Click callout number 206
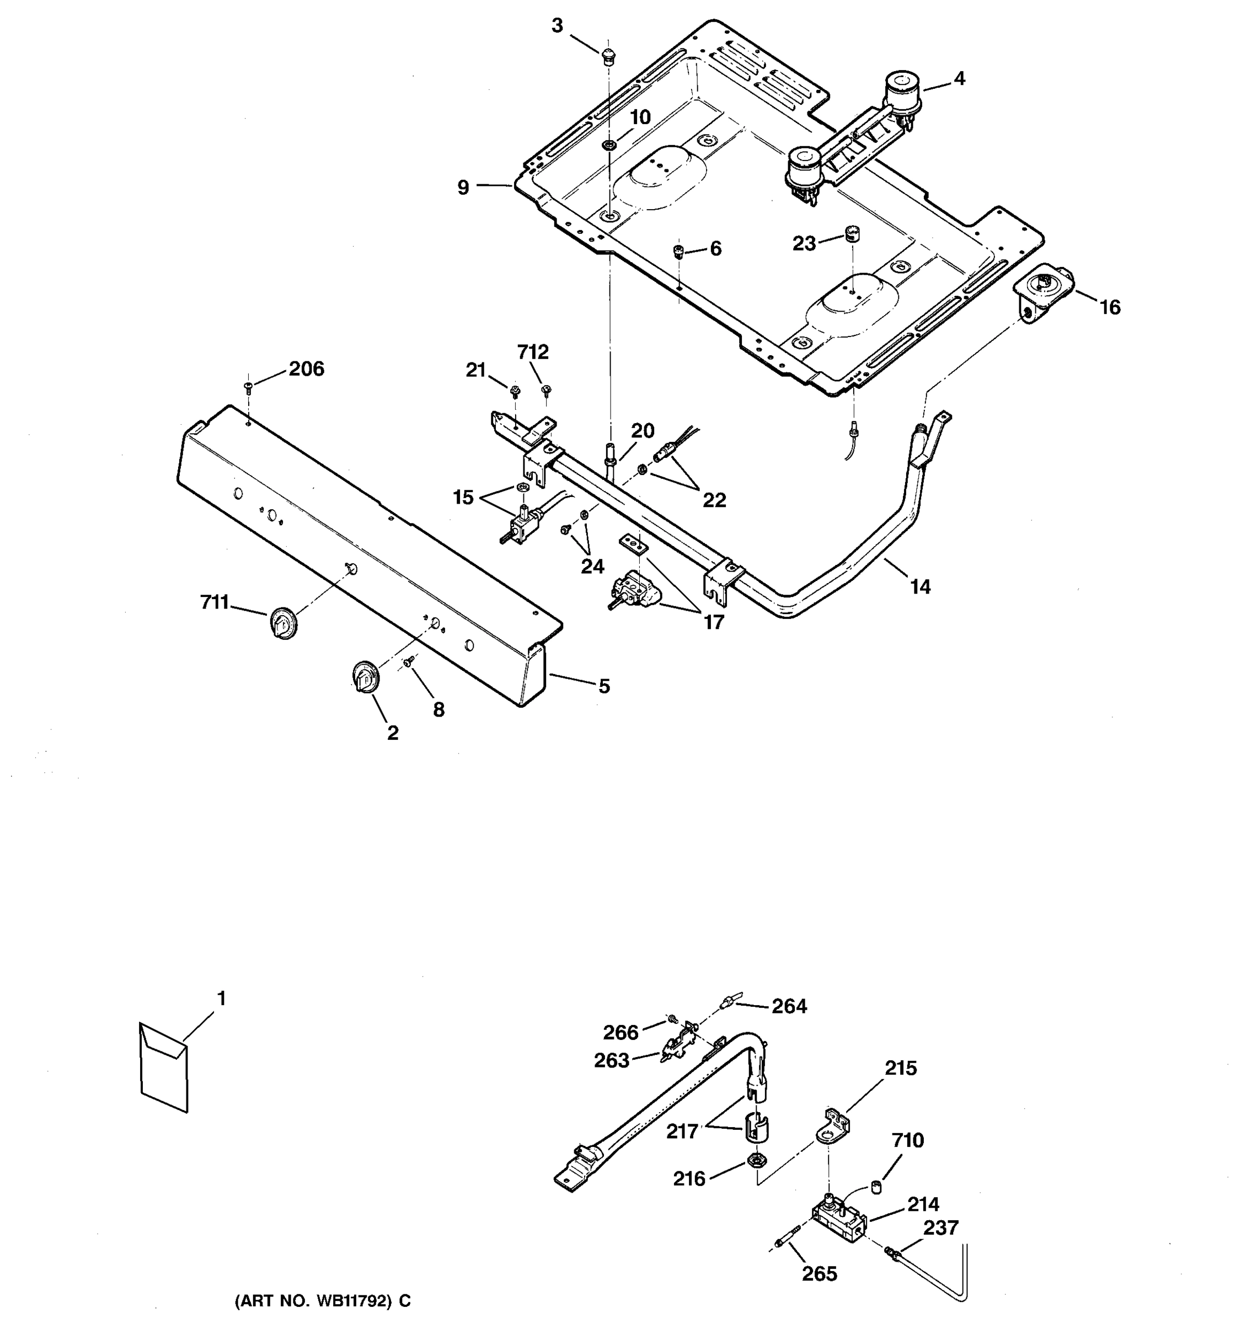[306, 369]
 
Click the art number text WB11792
[322, 1301]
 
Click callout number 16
[1110, 307]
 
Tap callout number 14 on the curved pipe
[920, 587]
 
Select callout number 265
[819, 1273]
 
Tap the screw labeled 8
[409, 659]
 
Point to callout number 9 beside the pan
[463, 188]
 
